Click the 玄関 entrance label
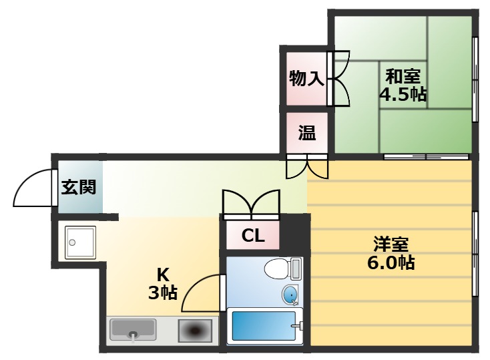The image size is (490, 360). pos(78,187)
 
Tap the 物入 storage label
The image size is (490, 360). pos(306,79)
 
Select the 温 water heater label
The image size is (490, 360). pos(306,133)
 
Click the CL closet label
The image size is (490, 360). pos(253,236)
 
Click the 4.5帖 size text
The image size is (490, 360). pos(403,94)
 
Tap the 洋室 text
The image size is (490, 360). pos(391,244)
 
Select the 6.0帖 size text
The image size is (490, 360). pos(391,262)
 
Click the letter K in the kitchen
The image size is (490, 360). pos(162,274)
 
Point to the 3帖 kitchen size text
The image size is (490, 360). pos(162,292)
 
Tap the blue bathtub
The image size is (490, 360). pos(263,326)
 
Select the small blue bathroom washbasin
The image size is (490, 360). pos(290,295)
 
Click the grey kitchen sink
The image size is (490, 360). pos(133,329)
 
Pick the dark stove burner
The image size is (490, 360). pos(195,330)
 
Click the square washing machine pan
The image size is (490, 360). pos(81,242)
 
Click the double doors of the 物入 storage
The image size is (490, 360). pos(340,78)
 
